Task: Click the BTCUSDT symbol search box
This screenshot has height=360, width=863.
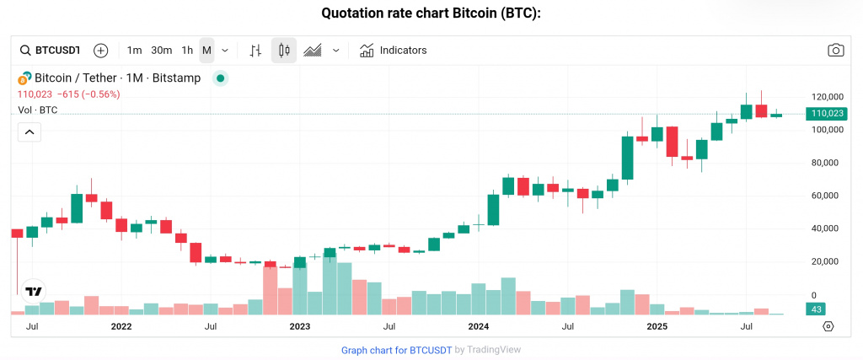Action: pos(51,51)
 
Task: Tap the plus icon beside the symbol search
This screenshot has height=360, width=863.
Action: pos(101,51)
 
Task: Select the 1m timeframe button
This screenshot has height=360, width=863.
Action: pos(134,51)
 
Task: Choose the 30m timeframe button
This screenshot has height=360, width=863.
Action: pos(161,51)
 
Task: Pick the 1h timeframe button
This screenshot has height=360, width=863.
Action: pos(187,51)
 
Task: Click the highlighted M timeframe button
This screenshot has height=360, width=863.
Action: pos(206,51)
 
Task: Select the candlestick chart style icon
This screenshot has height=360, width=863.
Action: pos(284,51)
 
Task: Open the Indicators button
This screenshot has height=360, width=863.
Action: pos(394,51)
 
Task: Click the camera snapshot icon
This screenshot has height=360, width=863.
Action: pos(835,51)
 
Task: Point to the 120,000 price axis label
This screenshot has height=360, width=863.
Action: pos(826,97)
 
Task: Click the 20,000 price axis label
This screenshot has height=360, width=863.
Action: pos(826,261)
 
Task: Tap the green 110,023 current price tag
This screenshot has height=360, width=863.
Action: pos(827,113)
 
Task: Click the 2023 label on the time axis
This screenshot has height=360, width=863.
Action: pos(300,325)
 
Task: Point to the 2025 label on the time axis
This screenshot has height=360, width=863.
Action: pos(657,325)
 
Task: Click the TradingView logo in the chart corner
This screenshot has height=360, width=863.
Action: pos(33,292)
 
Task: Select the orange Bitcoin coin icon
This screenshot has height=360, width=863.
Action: pos(24,78)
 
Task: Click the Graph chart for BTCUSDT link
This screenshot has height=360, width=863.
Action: pos(396,350)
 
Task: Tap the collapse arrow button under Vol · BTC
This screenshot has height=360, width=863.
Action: pos(29,132)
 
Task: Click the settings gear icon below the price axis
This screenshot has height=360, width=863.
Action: pos(828,326)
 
